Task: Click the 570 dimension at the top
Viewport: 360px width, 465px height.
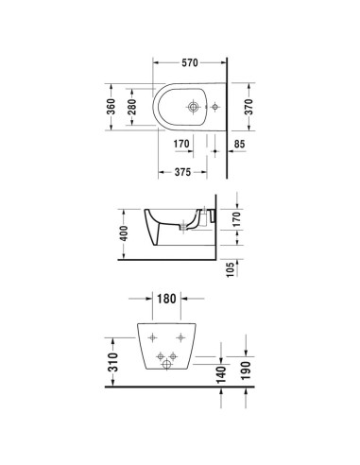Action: [x=190, y=62]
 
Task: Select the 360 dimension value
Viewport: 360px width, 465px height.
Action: [x=111, y=107]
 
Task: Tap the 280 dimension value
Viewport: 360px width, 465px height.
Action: [x=132, y=107]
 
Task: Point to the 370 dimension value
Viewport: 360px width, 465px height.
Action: [x=249, y=107]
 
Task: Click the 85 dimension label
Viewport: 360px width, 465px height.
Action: [x=239, y=144]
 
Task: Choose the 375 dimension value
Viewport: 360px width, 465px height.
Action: [x=182, y=172]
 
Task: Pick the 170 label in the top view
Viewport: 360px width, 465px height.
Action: [x=181, y=144]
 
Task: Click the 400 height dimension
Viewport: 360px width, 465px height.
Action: [x=124, y=233]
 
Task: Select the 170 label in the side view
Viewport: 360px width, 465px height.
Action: [x=237, y=219]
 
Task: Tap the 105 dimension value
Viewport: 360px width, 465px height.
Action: [x=231, y=269]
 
